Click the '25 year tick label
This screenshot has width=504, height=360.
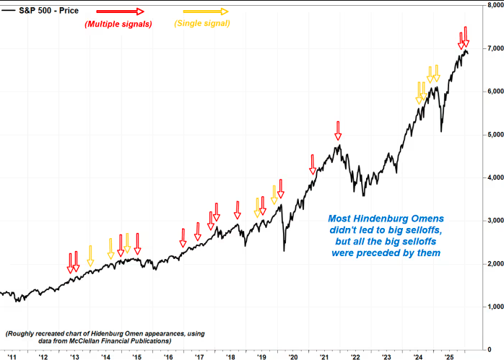pyautogui.click(x=448, y=356)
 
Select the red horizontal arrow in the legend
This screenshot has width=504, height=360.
pyautogui.click(x=120, y=12)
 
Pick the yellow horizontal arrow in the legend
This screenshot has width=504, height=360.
pyautogui.click(x=205, y=12)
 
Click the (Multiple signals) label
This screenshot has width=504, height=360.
pyautogui.click(x=118, y=24)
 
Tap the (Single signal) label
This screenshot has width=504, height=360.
pyautogui.click(x=202, y=24)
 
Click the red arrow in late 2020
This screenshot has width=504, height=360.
pyautogui.click(x=313, y=164)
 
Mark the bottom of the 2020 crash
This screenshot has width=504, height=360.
pyautogui.click(x=284, y=250)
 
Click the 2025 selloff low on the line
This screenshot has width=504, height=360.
pyautogui.click(x=441, y=131)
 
